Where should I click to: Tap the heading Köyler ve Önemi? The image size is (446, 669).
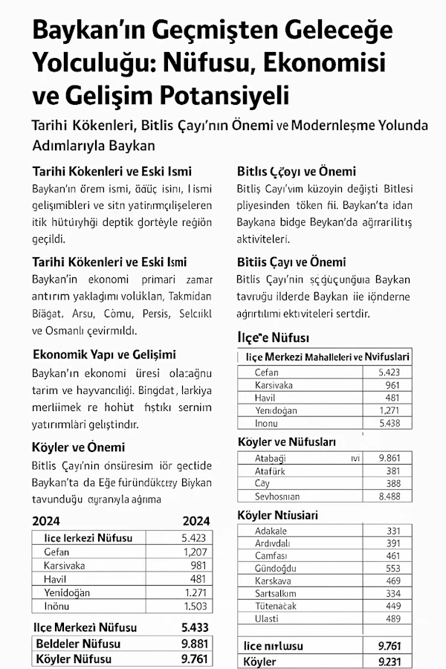coord(79,447)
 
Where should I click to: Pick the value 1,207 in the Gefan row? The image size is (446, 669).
coord(196,552)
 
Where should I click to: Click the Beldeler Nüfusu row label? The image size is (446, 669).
coord(77,643)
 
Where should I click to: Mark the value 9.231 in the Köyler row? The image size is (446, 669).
coord(390,661)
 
